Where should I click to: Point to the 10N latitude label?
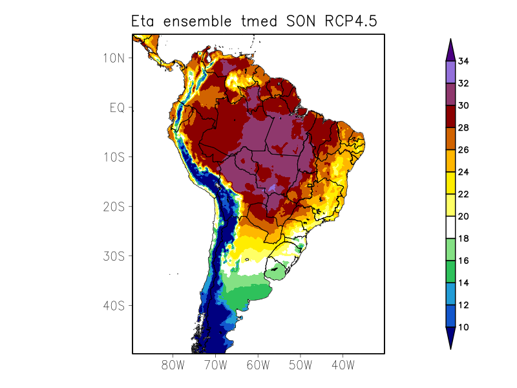point(113,58)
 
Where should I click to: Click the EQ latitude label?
point(116,107)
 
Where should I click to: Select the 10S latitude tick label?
point(113,157)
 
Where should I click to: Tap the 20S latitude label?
point(113,206)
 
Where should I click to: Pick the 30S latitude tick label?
point(113,256)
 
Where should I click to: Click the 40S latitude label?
point(113,305)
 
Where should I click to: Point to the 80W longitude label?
point(173,365)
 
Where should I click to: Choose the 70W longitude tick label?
point(215,365)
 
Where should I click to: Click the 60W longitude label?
point(258,365)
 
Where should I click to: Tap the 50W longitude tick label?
point(301,365)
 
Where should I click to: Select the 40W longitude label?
point(343,365)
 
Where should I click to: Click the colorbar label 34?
point(463,61)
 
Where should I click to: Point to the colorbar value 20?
point(463,217)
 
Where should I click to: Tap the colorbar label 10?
point(463,327)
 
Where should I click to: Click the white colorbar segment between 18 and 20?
point(450,228)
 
